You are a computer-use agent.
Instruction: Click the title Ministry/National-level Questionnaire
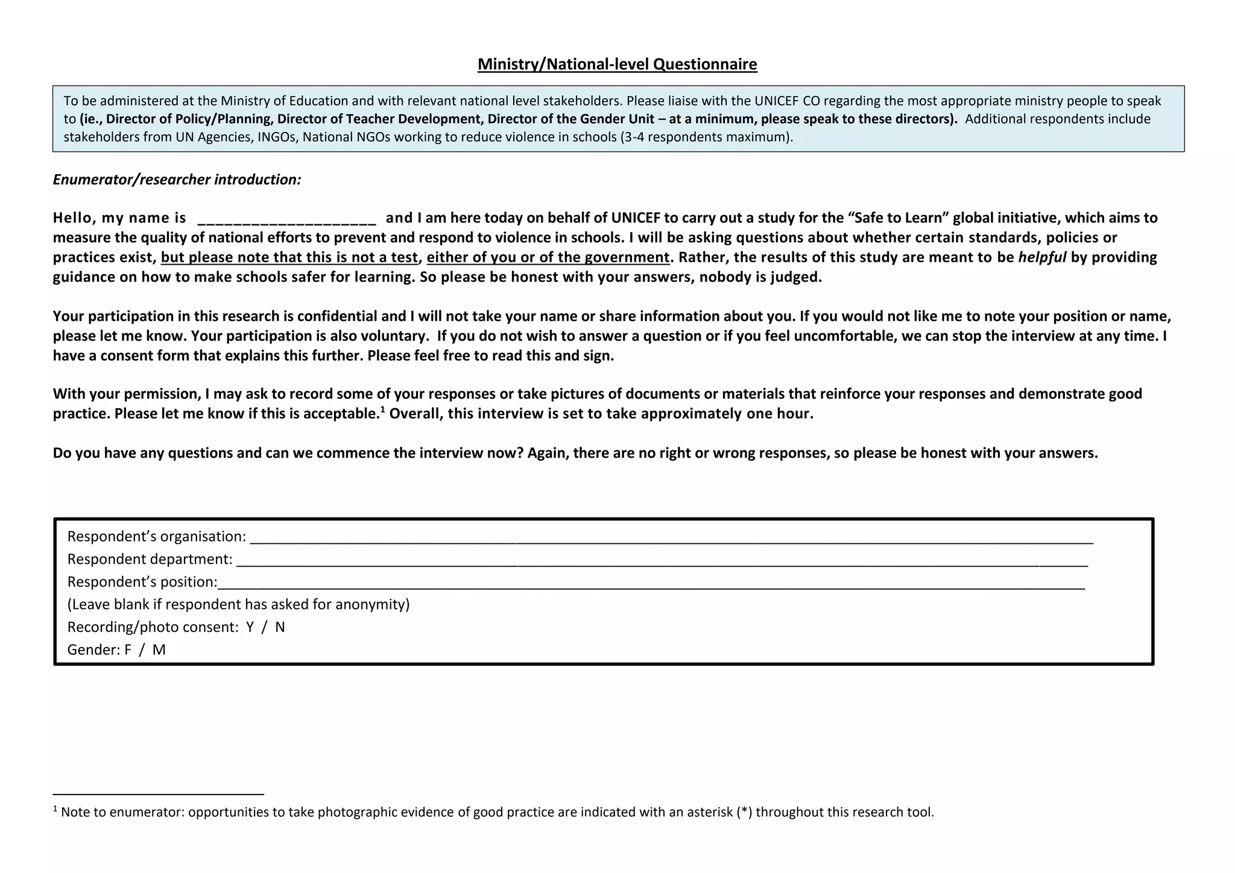pos(617,64)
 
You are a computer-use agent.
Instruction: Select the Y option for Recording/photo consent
pos(250,628)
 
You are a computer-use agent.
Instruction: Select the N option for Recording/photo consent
pos(280,628)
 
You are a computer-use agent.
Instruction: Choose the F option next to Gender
pos(128,650)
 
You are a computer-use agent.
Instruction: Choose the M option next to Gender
pos(159,650)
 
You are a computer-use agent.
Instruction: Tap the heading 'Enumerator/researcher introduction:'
pos(177,180)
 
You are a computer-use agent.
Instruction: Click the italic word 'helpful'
pos(1042,257)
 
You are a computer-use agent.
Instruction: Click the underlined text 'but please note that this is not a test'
pos(289,257)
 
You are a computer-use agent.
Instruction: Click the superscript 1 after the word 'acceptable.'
pos(382,409)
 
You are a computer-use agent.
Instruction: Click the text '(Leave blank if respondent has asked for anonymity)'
pos(238,605)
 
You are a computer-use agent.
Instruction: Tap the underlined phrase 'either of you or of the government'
pos(548,257)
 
